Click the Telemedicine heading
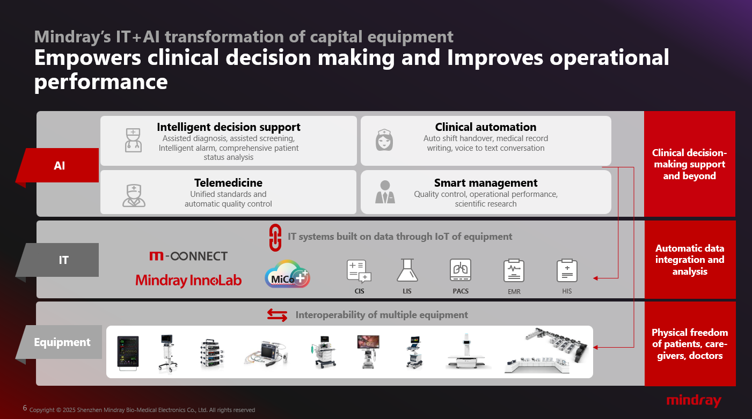(x=228, y=183)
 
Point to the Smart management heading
(x=486, y=183)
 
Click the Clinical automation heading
(x=486, y=127)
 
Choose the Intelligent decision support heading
(x=229, y=127)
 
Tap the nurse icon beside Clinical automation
(x=384, y=140)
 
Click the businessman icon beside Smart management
(x=385, y=192)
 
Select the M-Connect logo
(x=188, y=256)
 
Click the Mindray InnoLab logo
(x=188, y=280)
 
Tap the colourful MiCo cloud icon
(x=287, y=274)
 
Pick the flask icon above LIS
(x=407, y=270)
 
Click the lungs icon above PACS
(x=461, y=270)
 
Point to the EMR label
(x=514, y=291)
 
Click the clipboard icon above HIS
(x=567, y=270)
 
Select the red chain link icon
(x=275, y=238)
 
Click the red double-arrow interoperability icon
(x=277, y=315)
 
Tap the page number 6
(x=25, y=408)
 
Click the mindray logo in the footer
(x=694, y=401)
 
